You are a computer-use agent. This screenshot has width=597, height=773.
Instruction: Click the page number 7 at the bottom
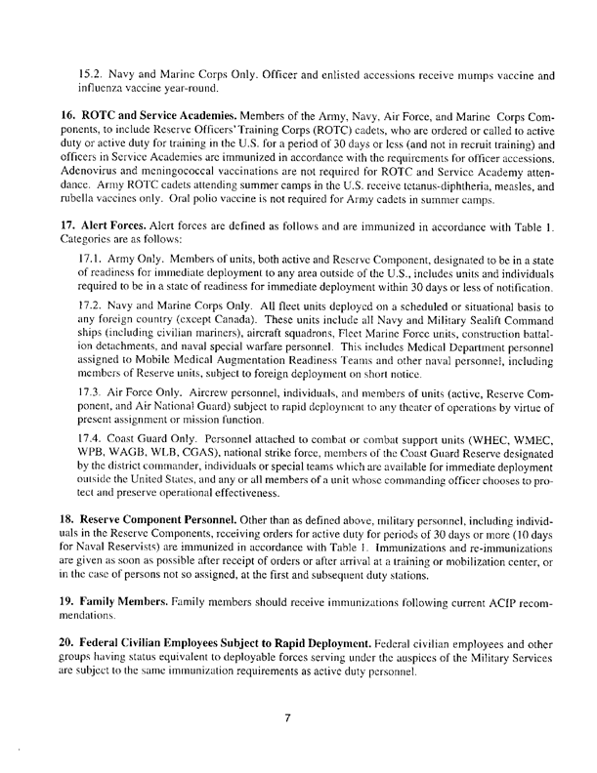coord(289,721)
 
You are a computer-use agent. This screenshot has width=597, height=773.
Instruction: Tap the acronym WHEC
coord(457,467)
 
